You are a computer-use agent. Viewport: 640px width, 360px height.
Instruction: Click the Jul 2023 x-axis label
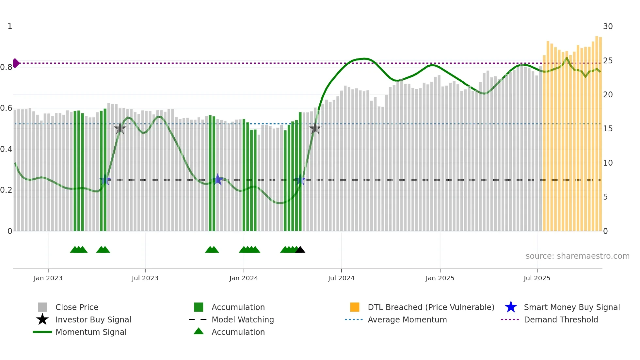(x=145, y=278)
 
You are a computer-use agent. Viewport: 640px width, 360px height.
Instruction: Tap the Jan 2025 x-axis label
(x=440, y=278)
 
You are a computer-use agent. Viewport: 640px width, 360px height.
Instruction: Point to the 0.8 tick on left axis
(x=6, y=67)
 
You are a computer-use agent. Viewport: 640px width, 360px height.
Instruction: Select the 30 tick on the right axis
(x=608, y=26)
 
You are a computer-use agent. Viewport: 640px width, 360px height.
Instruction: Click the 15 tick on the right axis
(x=608, y=129)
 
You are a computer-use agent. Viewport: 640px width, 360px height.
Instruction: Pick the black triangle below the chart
(x=300, y=250)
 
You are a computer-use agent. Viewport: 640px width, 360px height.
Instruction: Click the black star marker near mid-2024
(x=315, y=128)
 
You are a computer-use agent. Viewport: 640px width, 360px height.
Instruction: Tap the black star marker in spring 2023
(x=120, y=128)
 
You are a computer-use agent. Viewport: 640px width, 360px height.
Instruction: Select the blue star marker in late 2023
(x=217, y=179)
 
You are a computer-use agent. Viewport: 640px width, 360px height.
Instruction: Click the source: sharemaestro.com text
(x=577, y=256)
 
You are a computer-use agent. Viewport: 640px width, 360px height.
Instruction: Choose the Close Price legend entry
(x=77, y=307)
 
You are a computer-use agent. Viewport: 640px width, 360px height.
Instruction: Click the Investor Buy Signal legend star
(x=42, y=319)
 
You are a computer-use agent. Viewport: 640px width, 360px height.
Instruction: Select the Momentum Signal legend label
(x=91, y=332)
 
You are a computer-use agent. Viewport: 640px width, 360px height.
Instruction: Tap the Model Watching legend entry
(x=243, y=319)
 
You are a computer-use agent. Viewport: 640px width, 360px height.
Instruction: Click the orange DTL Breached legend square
(x=355, y=307)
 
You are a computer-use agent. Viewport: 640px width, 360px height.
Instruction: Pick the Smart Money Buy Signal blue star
(x=511, y=307)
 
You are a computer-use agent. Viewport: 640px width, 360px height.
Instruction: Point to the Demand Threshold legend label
(x=561, y=319)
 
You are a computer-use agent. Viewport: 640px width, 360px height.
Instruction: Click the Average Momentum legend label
(x=407, y=319)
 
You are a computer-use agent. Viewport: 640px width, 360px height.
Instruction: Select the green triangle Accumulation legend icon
(x=199, y=331)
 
